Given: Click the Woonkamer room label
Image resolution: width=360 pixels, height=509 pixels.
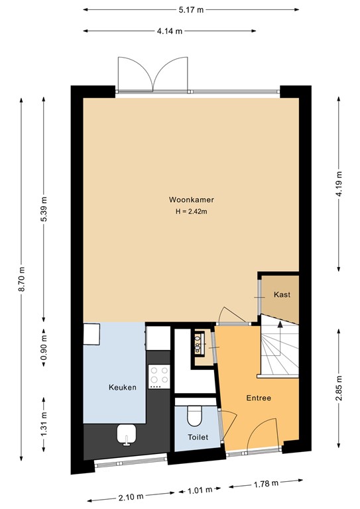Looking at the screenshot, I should pyautogui.click(x=190, y=199).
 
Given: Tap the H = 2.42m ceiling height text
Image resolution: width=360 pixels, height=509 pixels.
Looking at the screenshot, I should pyautogui.click(x=190, y=211).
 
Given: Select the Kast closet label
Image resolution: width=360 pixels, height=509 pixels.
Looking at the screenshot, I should pyautogui.click(x=282, y=295).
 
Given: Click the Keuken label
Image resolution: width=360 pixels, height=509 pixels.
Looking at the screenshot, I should pyautogui.click(x=123, y=388).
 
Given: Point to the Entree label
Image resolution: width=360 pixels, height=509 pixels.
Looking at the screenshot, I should pyautogui.click(x=258, y=398).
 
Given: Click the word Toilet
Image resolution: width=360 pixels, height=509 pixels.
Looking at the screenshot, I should pyautogui.click(x=198, y=437).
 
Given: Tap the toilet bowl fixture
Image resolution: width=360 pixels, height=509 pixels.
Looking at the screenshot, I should pyautogui.click(x=195, y=416).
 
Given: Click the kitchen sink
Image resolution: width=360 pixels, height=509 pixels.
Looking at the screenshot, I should pyautogui.click(x=126, y=434).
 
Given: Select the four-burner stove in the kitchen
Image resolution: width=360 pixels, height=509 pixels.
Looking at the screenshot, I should pyautogui.click(x=158, y=377).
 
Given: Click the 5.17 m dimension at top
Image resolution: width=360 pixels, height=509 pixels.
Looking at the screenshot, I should pyautogui.click(x=190, y=10).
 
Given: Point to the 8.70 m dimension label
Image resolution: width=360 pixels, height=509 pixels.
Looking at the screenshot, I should pyautogui.click(x=23, y=279).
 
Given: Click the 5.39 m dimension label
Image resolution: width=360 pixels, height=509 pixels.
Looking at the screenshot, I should pyautogui.click(x=44, y=210).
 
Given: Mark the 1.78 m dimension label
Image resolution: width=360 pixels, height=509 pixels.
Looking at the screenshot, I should pyautogui.click(x=263, y=485).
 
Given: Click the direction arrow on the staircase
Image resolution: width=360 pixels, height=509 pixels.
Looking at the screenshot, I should pyautogui.click(x=280, y=323).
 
